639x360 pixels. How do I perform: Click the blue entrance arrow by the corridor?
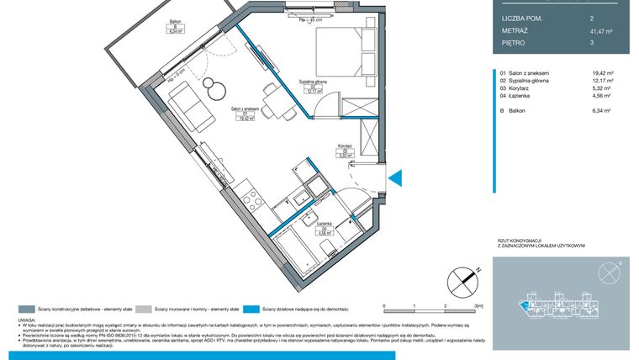point(398,177)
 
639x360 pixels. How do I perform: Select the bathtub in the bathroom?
point(300,250)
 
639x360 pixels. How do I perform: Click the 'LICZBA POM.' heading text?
point(520,18)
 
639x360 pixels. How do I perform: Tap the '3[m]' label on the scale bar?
point(478,306)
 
